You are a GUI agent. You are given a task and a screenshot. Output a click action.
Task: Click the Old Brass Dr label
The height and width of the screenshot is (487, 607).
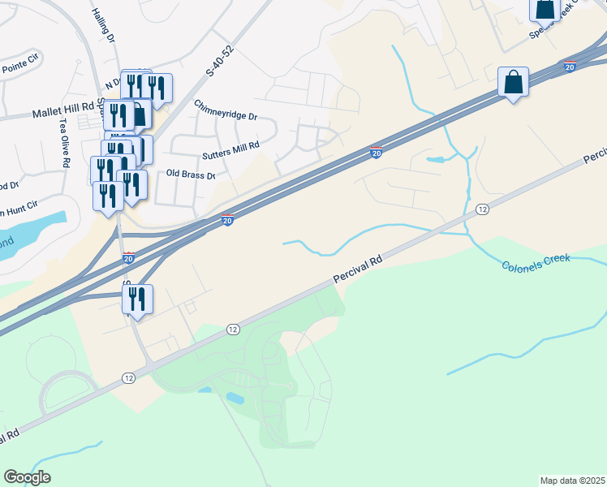click(x=191, y=174)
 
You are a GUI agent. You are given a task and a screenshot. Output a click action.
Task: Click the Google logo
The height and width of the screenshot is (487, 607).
click(x=27, y=477)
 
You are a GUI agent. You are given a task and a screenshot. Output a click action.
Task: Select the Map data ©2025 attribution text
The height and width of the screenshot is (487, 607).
click(x=572, y=480)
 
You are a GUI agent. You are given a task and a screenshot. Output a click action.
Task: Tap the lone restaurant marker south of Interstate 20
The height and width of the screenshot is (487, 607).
click(x=137, y=300)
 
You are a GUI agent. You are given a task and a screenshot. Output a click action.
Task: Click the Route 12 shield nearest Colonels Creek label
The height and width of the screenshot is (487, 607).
click(x=482, y=209)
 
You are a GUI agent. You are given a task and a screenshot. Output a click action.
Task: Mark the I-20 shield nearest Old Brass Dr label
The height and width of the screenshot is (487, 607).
click(x=228, y=219)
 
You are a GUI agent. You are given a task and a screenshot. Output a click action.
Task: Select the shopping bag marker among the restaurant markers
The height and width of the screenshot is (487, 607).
click(x=138, y=116)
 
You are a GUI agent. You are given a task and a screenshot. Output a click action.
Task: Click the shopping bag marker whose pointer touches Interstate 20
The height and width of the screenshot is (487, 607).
click(x=513, y=83)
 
